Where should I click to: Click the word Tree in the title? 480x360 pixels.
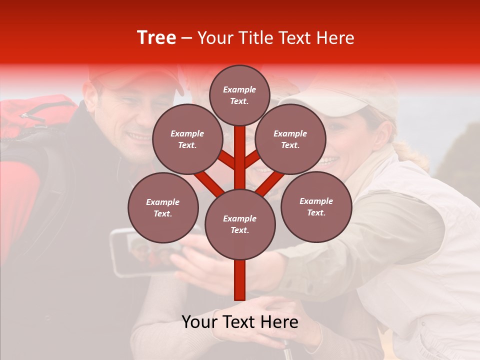[156, 37]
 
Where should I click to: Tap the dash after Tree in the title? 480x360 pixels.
[186, 38]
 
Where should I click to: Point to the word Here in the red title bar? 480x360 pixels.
[334, 38]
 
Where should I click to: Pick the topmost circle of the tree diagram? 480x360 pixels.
[239, 95]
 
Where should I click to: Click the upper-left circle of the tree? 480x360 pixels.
[187, 139]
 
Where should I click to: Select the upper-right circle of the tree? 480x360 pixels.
[290, 139]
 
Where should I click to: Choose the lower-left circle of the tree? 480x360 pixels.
[163, 207]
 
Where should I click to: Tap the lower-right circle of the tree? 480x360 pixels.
[316, 206]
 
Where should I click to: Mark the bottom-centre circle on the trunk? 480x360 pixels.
[240, 224]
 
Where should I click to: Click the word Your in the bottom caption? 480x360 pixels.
[199, 322]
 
